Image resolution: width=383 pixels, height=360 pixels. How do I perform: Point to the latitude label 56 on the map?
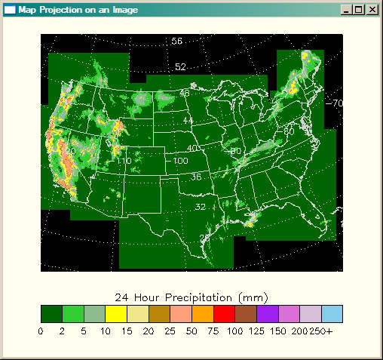tap(177, 41)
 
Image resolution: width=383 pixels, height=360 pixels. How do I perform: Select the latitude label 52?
tap(180, 67)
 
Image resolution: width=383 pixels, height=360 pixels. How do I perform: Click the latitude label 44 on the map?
tap(188, 121)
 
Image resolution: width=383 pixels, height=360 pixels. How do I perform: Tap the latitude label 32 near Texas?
tap(201, 207)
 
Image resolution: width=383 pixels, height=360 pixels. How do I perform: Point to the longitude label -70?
tap(336, 103)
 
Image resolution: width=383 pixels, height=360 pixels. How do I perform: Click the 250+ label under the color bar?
tap(330, 331)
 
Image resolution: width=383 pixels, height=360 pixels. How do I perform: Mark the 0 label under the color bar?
tap(42, 331)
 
